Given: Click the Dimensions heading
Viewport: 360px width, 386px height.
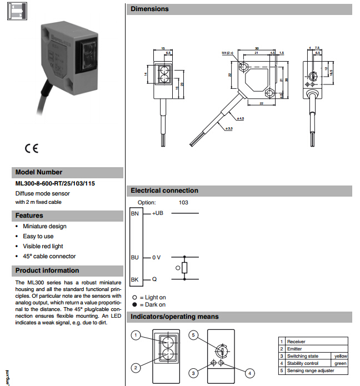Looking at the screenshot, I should tap(149, 9).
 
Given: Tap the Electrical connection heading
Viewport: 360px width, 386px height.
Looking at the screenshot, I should tap(164, 191).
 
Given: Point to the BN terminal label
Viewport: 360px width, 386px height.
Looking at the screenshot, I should tap(134, 213).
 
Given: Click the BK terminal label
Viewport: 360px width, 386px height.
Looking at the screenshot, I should tap(134, 279).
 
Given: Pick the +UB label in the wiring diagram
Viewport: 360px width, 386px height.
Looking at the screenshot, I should tap(158, 213).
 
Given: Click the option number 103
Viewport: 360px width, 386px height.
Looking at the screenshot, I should tap(184, 203).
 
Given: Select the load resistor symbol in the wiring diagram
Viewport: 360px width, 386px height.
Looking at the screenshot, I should tap(184, 268).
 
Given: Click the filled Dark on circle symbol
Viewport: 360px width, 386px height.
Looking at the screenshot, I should tap(134, 304).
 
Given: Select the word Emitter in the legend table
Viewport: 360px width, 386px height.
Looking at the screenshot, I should tap(294, 349).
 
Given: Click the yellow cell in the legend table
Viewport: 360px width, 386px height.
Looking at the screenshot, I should tap(339, 356).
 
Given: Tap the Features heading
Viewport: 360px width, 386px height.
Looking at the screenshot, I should tap(29, 215).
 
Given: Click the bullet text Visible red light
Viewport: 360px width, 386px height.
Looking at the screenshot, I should tap(43, 246).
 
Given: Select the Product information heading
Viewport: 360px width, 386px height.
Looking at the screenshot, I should tap(47, 270).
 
